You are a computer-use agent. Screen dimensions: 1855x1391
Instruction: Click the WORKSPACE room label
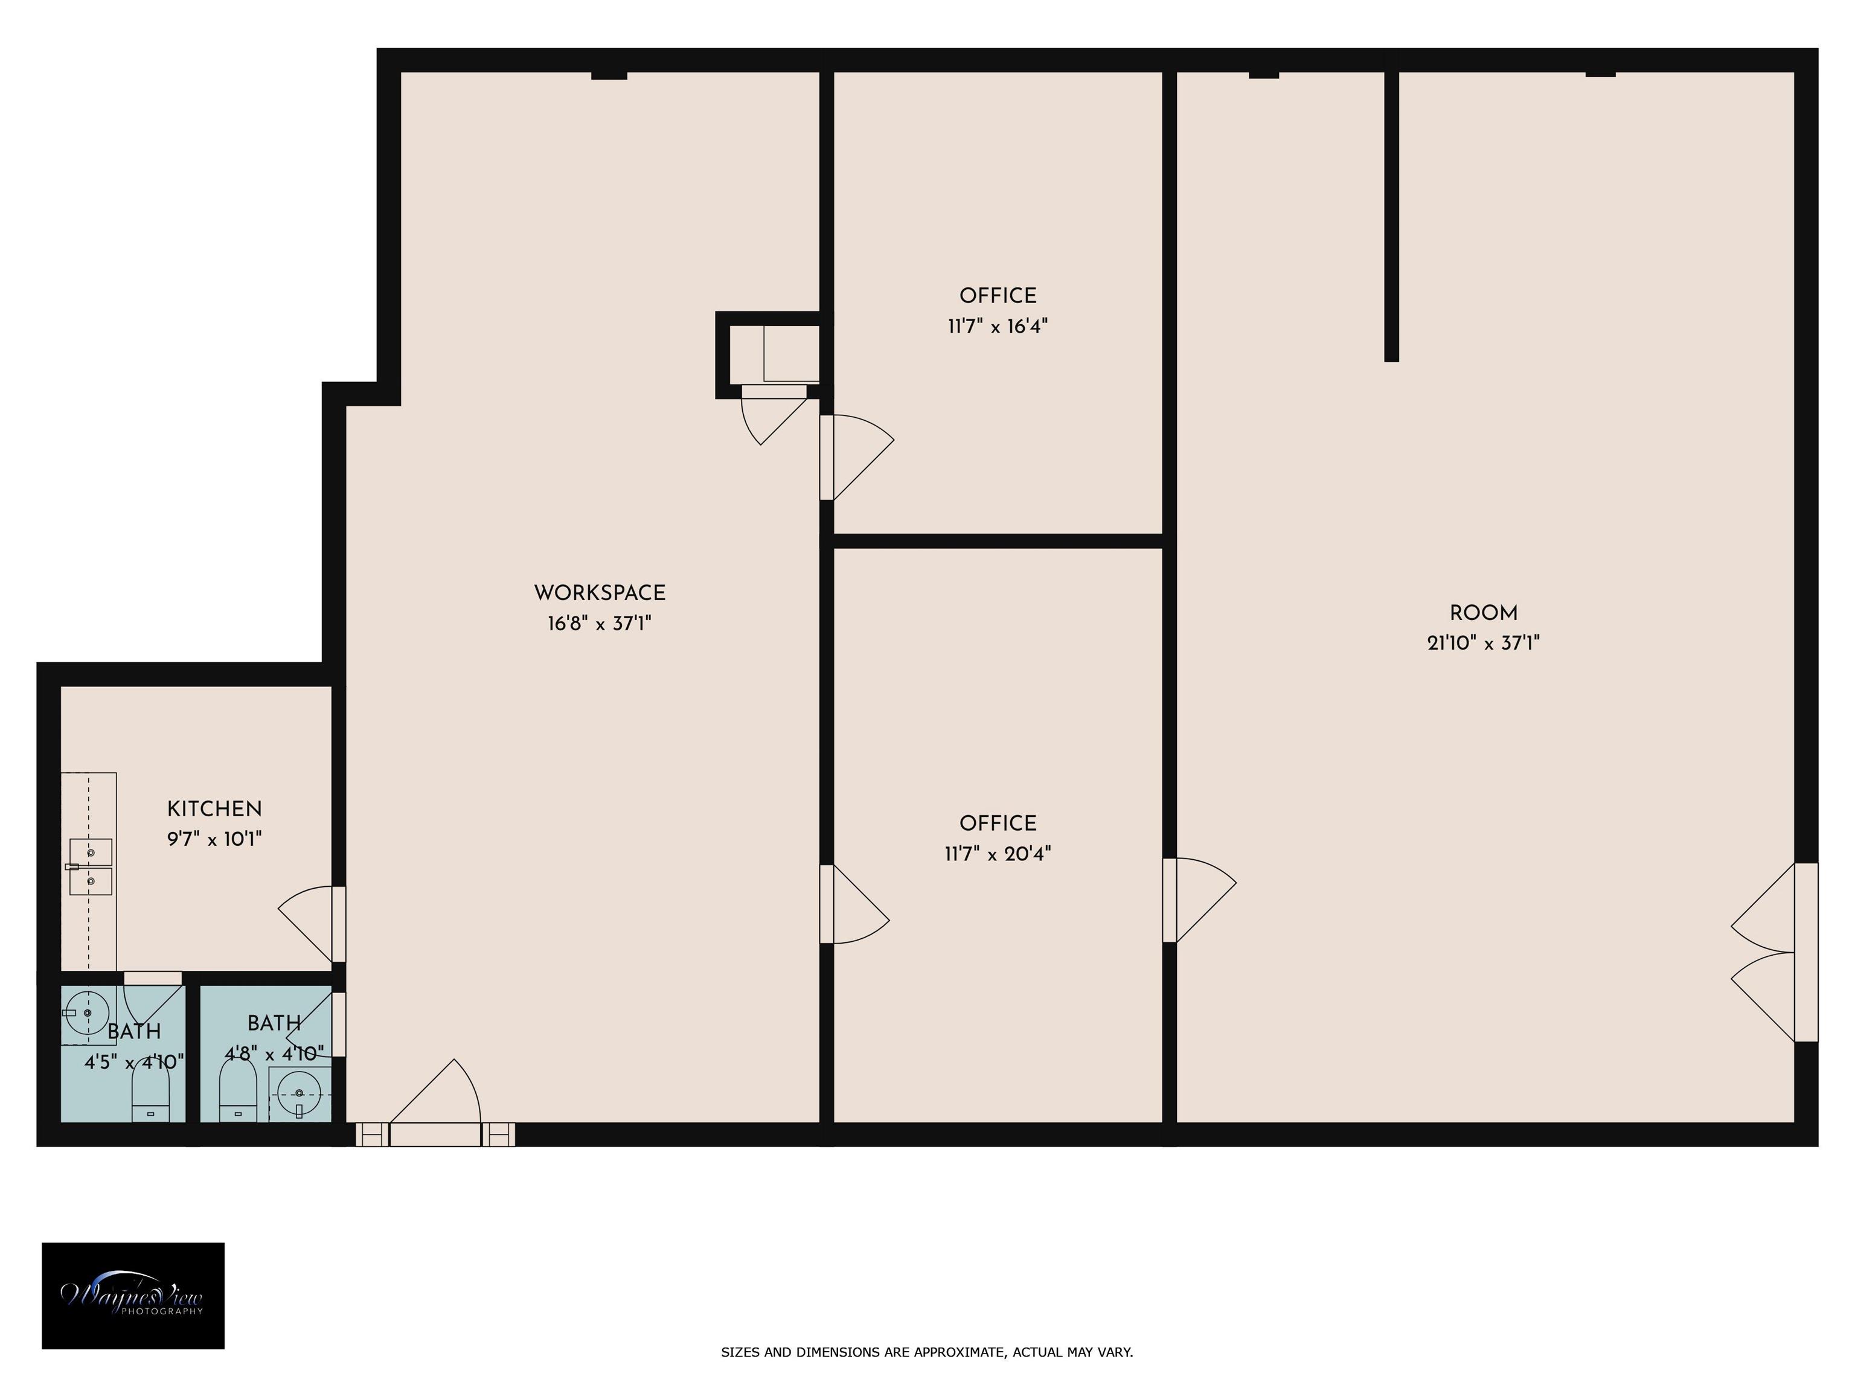tap(600, 593)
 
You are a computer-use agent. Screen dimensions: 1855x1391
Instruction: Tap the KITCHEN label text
tap(215, 809)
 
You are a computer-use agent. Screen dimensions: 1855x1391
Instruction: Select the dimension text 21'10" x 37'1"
tap(1484, 643)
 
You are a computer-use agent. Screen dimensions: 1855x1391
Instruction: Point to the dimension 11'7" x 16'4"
tap(998, 326)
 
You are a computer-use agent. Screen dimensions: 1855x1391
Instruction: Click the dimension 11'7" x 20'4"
tap(998, 854)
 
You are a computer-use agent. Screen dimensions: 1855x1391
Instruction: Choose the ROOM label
tap(1484, 613)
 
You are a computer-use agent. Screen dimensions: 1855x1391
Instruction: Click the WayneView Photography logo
tap(133, 1296)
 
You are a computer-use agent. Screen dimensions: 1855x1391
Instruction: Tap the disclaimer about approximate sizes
tap(927, 1352)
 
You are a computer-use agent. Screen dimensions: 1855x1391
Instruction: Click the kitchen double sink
tap(90, 866)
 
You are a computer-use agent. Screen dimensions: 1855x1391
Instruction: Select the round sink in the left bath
tap(87, 1014)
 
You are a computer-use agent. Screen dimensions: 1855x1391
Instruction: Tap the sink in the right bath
tap(300, 1094)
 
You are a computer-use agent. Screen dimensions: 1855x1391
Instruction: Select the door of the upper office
tap(857, 458)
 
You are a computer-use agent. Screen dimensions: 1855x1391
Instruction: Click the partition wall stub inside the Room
tap(1391, 216)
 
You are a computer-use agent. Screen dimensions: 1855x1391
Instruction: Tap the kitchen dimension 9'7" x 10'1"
tap(215, 839)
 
